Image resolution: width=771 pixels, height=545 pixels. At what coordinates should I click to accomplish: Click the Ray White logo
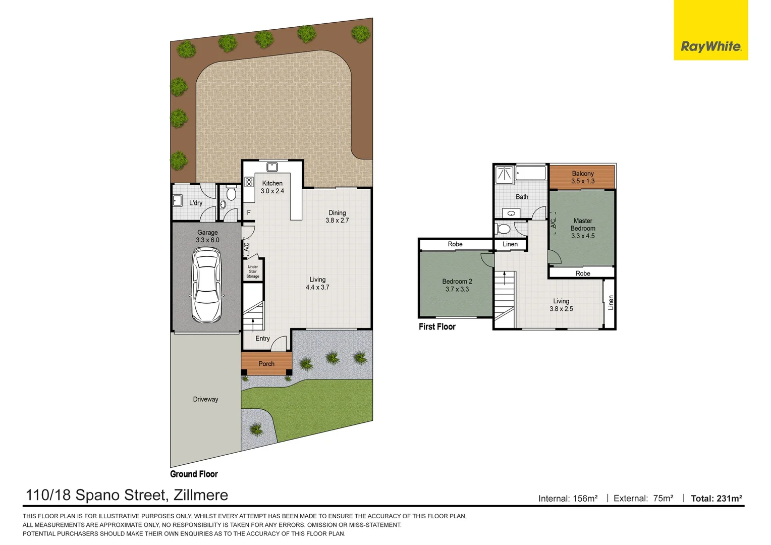click(710, 46)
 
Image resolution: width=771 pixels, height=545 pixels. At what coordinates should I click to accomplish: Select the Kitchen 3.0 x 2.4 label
click(272, 187)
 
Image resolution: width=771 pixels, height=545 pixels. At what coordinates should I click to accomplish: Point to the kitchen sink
click(272, 167)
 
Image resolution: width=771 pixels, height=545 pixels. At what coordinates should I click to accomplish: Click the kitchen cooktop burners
click(249, 182)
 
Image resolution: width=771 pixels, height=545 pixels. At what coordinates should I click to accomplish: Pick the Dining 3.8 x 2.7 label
click(337, 216)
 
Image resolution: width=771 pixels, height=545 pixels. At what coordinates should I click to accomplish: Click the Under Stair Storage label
click(253, 271)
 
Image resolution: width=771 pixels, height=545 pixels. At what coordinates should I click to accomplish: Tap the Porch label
click(266, 364)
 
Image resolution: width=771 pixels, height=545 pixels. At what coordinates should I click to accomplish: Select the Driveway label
click(205, 399)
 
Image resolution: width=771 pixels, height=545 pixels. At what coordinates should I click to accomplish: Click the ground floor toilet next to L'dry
click(231, 193)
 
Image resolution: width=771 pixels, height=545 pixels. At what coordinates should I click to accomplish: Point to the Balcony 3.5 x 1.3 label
click(583, 177)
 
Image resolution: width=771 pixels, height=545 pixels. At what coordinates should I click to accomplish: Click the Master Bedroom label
click(583, 228)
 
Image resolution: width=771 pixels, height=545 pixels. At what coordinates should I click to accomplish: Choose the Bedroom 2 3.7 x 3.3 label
click(457, 285)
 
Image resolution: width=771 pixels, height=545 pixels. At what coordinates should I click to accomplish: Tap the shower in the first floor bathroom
click(505, 175)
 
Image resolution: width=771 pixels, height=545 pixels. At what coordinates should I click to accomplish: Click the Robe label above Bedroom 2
click(455, 244)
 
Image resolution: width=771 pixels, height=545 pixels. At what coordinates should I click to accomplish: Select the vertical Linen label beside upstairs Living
click(611, 303)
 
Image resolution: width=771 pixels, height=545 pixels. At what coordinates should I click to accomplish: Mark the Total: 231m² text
click(716, 499)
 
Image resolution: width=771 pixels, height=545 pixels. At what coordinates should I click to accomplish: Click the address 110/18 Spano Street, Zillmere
click(127, 495)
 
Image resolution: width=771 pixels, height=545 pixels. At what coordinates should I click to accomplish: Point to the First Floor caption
click(437, 326)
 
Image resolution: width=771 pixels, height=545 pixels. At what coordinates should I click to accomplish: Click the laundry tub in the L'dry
click(177, 200)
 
